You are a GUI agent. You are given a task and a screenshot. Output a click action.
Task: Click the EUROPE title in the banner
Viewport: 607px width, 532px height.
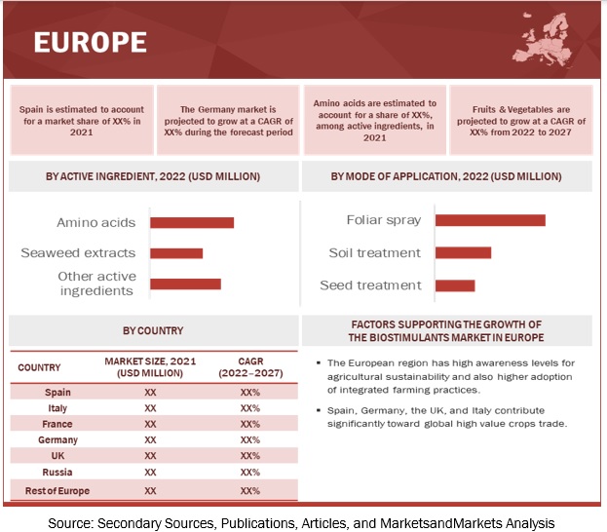pyautogui.click(x=90, y=42)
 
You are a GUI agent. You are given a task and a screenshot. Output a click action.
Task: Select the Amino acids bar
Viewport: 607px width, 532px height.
pyautogui.click(x=192, y=222)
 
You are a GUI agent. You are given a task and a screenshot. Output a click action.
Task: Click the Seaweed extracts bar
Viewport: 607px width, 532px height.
pyautogui.click(x=176, y=253)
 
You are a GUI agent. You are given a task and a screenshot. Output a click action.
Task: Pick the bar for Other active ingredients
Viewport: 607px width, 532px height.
pyautogui.click(x=185, y=284)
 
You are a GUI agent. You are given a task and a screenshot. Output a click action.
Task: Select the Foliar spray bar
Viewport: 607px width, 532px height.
pyautogui.click(x=490, y=220)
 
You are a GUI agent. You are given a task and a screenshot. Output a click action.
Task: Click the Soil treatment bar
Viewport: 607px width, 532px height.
pyautogui.click(x=463, y=252)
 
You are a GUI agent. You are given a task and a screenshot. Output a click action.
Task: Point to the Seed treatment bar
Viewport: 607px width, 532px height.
pyautogui.click(x=455, y=285)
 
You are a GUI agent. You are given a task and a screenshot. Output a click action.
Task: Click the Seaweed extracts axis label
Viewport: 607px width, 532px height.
pyautogui.click(x=78, y=253)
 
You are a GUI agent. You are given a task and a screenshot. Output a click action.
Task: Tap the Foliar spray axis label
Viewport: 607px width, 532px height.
pyautogui.click(x=384, y=220)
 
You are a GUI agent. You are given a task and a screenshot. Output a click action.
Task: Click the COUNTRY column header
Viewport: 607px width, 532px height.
pyautogui.click(x=39, y=368)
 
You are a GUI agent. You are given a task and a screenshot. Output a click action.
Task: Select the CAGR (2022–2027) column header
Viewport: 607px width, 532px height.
pyautogui.click(x=249, y=368)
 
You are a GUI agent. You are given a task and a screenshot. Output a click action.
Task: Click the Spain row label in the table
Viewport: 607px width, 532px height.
pyautogui.click(x=57, y=393)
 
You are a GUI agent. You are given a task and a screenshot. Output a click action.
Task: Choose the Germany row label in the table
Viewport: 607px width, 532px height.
pyautogui.click(x=57, y=440)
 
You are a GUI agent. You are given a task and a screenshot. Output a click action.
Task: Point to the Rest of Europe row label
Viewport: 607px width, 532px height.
pyautogui.click(x=57, y=490)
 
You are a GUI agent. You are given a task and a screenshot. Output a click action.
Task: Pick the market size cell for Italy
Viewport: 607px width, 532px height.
pyautogui.click(x=150, y=408)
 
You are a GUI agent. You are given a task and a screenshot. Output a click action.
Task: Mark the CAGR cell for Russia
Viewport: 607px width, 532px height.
pyautogui.click(x=249, y=473)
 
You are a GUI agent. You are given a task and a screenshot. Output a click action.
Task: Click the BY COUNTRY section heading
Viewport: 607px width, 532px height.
pyautogui.click(x=152, y=330)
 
